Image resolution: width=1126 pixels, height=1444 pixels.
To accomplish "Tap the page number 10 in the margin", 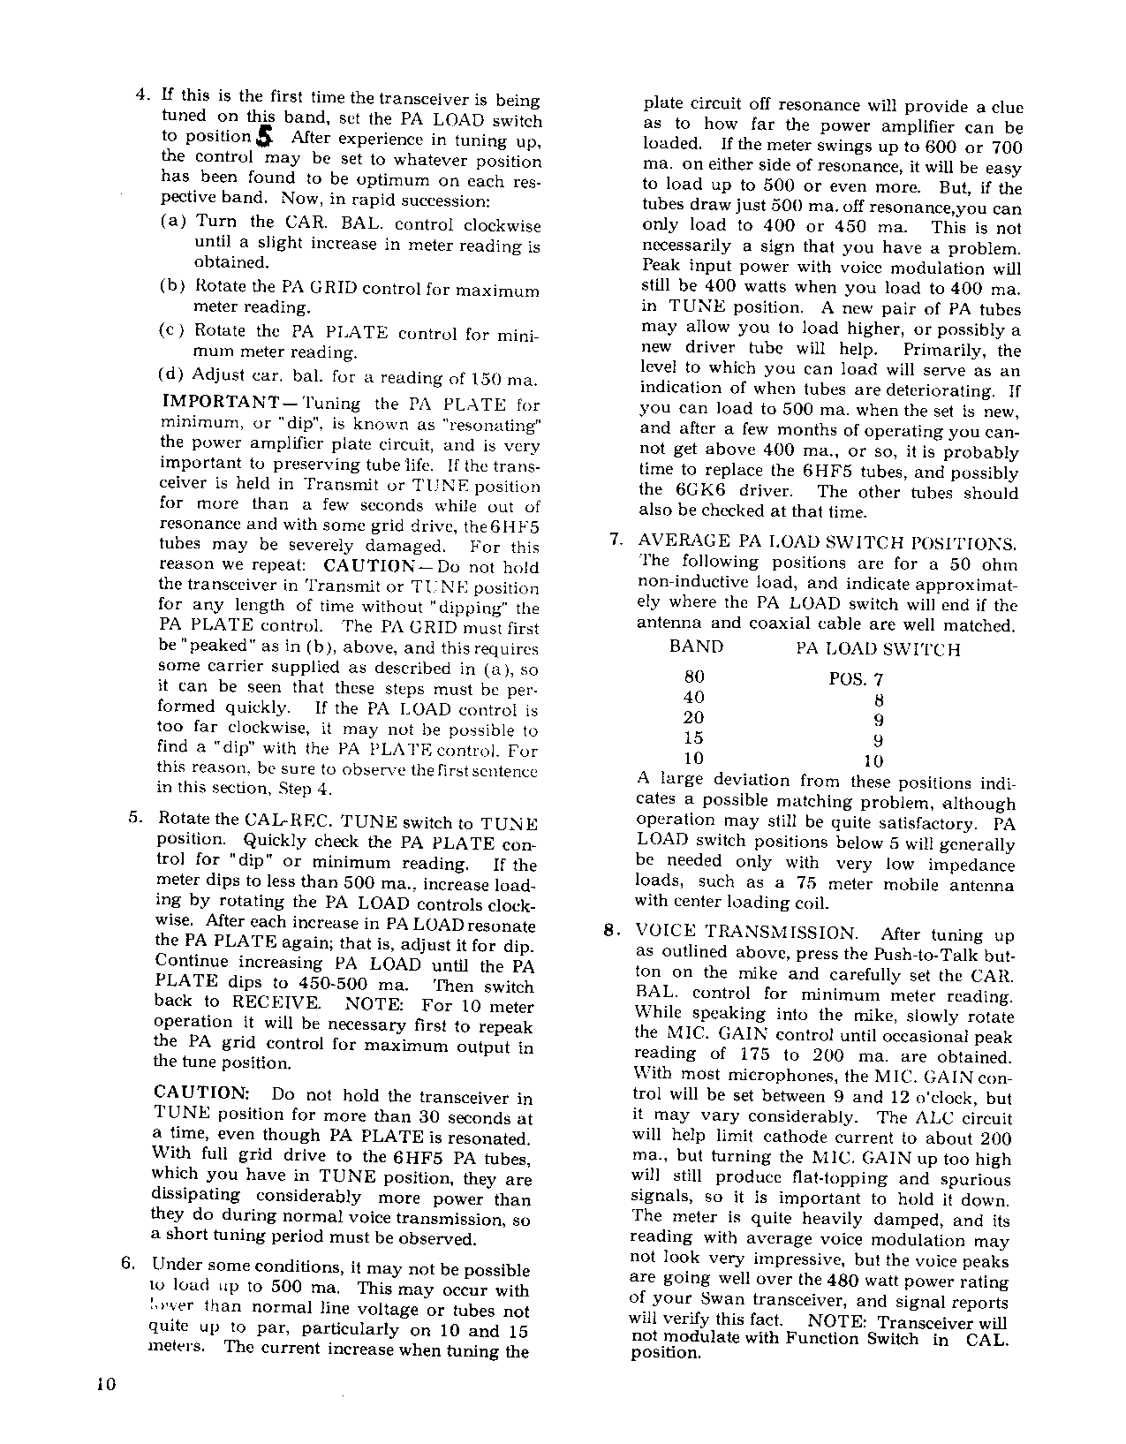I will point(107,1384).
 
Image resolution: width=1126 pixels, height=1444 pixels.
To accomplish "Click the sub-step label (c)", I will point(171,330).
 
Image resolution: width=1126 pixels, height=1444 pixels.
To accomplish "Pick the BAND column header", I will point(696,646).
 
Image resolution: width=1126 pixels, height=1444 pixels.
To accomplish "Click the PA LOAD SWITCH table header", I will point(878,649).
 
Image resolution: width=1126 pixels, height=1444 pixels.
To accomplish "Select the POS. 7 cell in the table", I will point(856,679).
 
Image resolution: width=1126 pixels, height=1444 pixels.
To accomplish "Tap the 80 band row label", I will point(695,677).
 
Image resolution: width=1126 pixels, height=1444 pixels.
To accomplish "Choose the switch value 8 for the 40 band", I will point(878,700).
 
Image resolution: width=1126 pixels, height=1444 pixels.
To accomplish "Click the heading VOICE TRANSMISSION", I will point(747,933).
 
